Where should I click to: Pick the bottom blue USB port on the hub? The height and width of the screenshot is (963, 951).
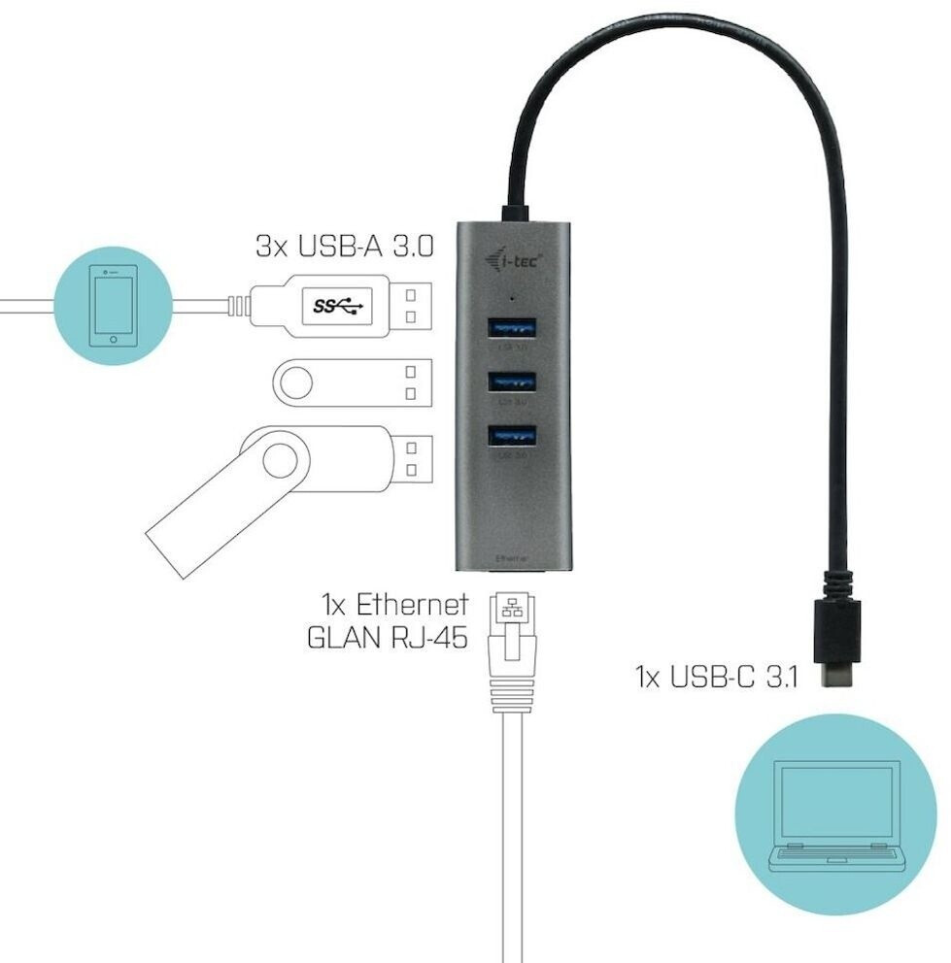click(x=512, y=438)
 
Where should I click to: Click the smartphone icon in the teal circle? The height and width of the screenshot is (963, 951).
click(x=113, y=304)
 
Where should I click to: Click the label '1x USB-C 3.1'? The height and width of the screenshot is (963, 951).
click(x=716, y=676)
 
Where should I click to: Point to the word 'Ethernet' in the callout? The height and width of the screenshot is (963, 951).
click(x=412, y=605)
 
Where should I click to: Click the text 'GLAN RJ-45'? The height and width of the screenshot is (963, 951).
click(x=387, y=639)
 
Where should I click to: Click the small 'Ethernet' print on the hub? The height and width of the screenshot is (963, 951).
click(x=512, y=559)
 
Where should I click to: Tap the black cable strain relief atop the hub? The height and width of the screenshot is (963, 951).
click(x=514, y=212)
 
